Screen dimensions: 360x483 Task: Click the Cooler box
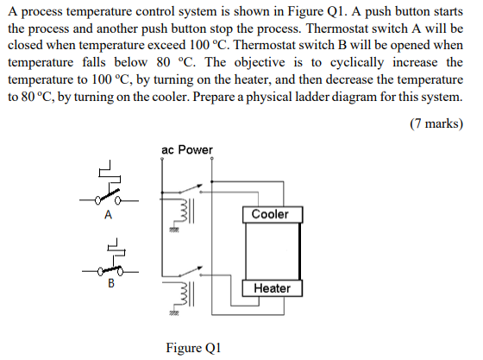[271, 214]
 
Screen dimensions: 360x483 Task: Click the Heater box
[272, 287]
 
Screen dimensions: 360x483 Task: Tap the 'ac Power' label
[186, 150]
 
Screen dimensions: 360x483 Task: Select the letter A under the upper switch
[108, 216]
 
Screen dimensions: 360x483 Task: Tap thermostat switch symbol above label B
[110, 260]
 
